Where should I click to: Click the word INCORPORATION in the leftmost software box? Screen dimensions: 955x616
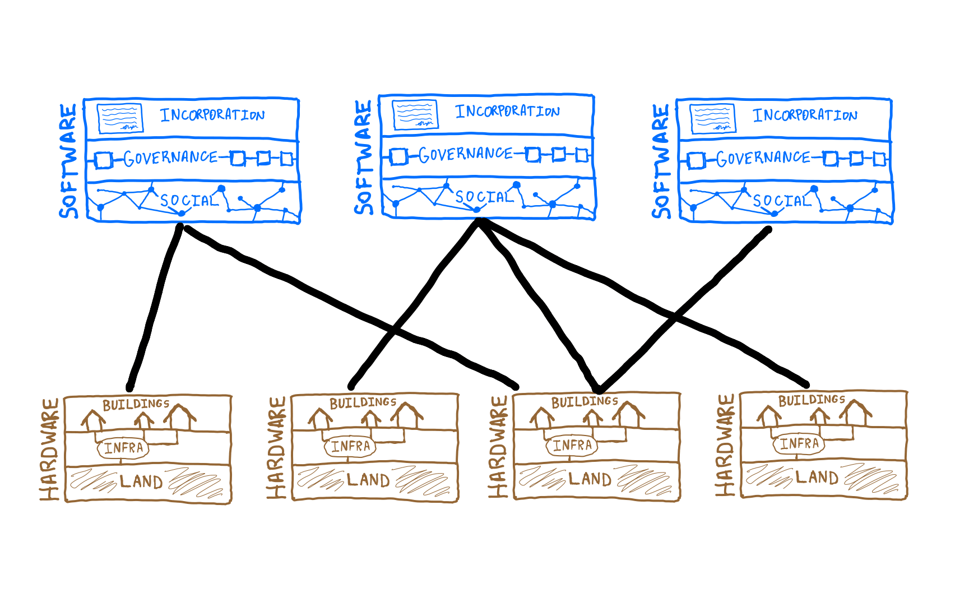coord(212,115)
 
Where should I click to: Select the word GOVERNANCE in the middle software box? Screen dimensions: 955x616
coord(466,154)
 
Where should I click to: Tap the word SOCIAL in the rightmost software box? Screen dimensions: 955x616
coord(782,201)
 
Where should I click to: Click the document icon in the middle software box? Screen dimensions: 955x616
coord(415,114)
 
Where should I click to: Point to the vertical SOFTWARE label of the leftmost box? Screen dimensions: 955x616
coord(68,161)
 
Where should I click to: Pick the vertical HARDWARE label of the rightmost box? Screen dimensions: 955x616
coord(725,445)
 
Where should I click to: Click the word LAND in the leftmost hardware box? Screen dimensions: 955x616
coord(141,481)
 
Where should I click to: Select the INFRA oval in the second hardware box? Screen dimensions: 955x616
coord(350,446)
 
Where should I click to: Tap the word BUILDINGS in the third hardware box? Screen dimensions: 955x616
coord(585,401)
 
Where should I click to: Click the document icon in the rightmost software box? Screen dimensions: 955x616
coord(713,118)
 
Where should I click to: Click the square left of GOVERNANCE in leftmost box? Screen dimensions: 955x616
coord(103,160)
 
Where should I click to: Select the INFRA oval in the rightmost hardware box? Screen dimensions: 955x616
coord(799,444)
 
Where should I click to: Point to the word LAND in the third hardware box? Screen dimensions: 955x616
coord(590,479)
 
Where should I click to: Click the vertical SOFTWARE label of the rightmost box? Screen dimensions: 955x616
coord(661,161)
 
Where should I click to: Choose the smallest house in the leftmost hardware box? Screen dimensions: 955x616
coord(144,420)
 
